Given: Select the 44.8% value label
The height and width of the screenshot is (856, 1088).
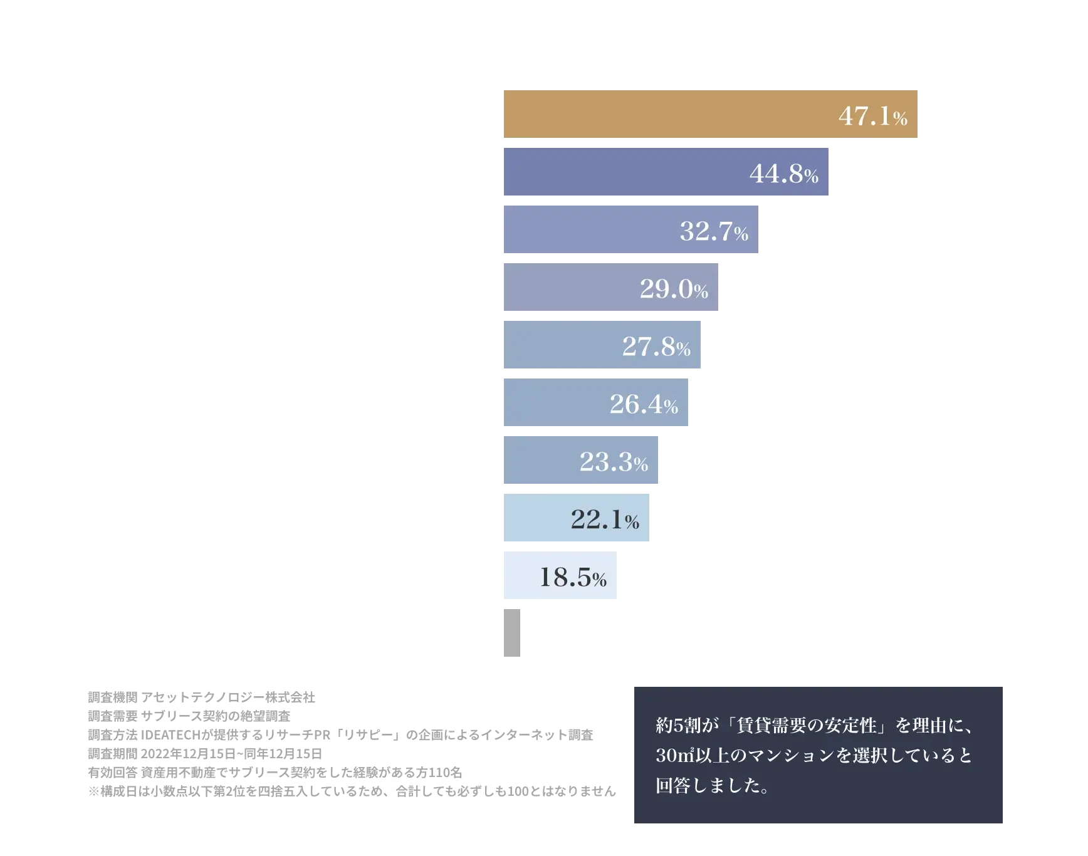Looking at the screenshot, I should [x=783, y=174].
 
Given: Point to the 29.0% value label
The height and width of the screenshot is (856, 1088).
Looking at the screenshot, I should [x=674, y=289].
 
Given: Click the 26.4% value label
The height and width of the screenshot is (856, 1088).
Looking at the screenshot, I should [x=644, y=404].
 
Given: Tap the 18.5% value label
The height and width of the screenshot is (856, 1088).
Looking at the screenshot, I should [x=573, y=577].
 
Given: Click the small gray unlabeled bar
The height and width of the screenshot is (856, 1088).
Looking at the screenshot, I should [x=512, y=633].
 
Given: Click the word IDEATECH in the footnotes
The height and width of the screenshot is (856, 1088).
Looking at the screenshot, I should [x=170, y=735].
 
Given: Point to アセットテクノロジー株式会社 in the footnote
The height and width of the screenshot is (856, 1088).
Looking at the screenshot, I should [x=228, y=697].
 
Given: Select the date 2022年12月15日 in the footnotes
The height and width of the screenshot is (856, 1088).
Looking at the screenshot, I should [x=188, y=754].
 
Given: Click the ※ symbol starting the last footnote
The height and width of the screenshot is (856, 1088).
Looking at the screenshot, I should [x=94, y=791].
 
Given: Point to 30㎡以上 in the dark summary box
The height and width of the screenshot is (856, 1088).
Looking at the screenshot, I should [x=693, y=756].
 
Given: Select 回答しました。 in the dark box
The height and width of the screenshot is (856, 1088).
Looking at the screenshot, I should [x=712, y=786].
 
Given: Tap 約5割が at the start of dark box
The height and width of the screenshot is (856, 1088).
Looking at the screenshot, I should [x=687, y=726].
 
